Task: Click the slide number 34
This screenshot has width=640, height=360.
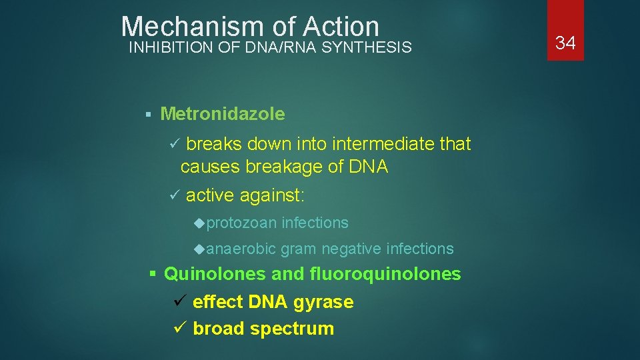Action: pyautogui.click(x=565, y=43)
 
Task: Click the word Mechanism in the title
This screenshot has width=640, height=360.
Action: pyautogui.click(x=193, y=27)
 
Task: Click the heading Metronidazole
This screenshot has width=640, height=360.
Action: pyautogui.click(x=223, y=114)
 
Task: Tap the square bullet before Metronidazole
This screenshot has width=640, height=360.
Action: pyautogui.click(x=149, y=115)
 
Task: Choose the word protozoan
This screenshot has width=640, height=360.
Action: pyautogui.click(x=241, y=223)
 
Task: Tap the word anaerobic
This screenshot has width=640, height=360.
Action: pyautogui.click(x=241, y=249)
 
